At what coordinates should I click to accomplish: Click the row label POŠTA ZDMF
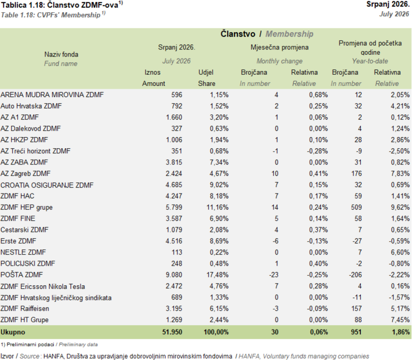click(x=22, y=275)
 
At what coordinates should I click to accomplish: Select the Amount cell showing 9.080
click(x=174, y=275)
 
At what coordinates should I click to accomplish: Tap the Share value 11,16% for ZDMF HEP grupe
click(x=217, y=207)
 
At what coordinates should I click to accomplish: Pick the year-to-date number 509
click(x=356, y=207)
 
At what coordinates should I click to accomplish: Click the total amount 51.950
click(x=172, y=332)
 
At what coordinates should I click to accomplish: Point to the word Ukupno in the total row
click(x=13, y=332)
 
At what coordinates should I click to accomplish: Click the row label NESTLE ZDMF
click(x=23, y=252)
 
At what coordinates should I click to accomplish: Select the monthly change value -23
click(x=273, y=275)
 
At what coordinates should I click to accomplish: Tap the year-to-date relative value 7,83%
click(x=400, y=173)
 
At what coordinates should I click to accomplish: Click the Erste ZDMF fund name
click(x=19, y=241)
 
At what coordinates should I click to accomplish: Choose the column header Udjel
click(x=206, y=72)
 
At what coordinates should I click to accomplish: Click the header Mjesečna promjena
click(x=279, y=47)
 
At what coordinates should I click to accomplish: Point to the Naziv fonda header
click(x=61, y=54)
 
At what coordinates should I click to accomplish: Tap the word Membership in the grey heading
click(x=289, y=34)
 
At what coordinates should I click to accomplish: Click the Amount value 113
click(x=177, y=252)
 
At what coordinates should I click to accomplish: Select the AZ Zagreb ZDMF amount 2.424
click(x=174, y=173)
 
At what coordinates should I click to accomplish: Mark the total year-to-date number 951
click(x=356, y=332)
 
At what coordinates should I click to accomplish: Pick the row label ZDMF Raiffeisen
click(x=25, y=308)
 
